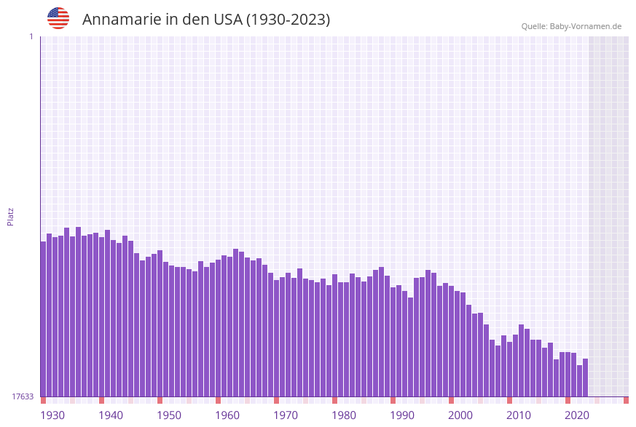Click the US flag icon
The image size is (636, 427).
[x=58, y=18]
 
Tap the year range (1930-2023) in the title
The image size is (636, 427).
[x=288, y=20]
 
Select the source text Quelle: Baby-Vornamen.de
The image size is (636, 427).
[x=571, y=26]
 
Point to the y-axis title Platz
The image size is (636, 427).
[x=11, y=216]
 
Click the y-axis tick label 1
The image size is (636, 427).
[x=31, y=36]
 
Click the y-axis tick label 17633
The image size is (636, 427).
[x=23, y=396]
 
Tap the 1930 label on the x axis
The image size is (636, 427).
[x=52, y=415]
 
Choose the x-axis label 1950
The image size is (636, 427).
[x=169, y=415]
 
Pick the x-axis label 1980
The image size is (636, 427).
[x=344, y=415]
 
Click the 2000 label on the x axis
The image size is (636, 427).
[x=460, y=415]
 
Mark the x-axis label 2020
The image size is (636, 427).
[x=577, y=415]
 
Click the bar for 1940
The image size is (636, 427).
[x=101, y=316]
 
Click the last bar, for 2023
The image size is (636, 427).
[x=585, y=378]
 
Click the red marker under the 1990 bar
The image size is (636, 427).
[x=393, y=400]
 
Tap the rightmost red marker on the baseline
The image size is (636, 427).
[x=626, y=400]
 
